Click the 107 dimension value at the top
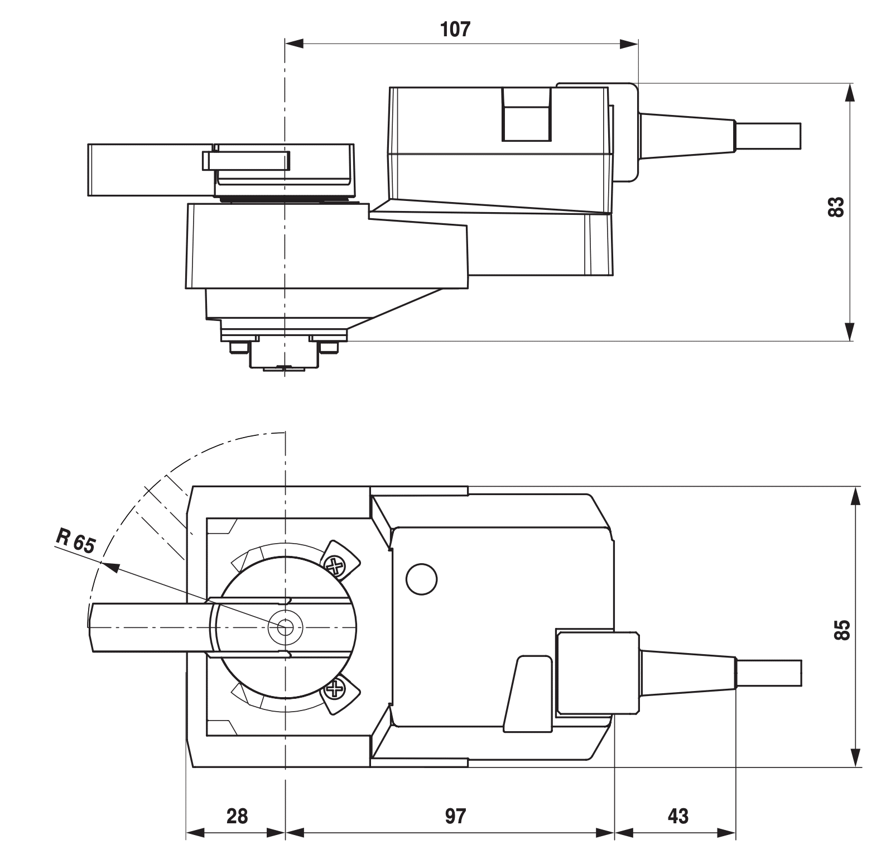coord(455,30)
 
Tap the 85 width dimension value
coord(842,629)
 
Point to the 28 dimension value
coord(237,816)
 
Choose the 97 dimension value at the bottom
coord(455,816)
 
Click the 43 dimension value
coord(678,816)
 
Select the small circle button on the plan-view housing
coord(422,579)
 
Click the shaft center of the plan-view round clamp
coord(285,628)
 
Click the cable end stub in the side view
coord(769,136)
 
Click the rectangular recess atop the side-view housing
coord(527,114)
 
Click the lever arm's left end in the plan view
coord(95,628)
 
